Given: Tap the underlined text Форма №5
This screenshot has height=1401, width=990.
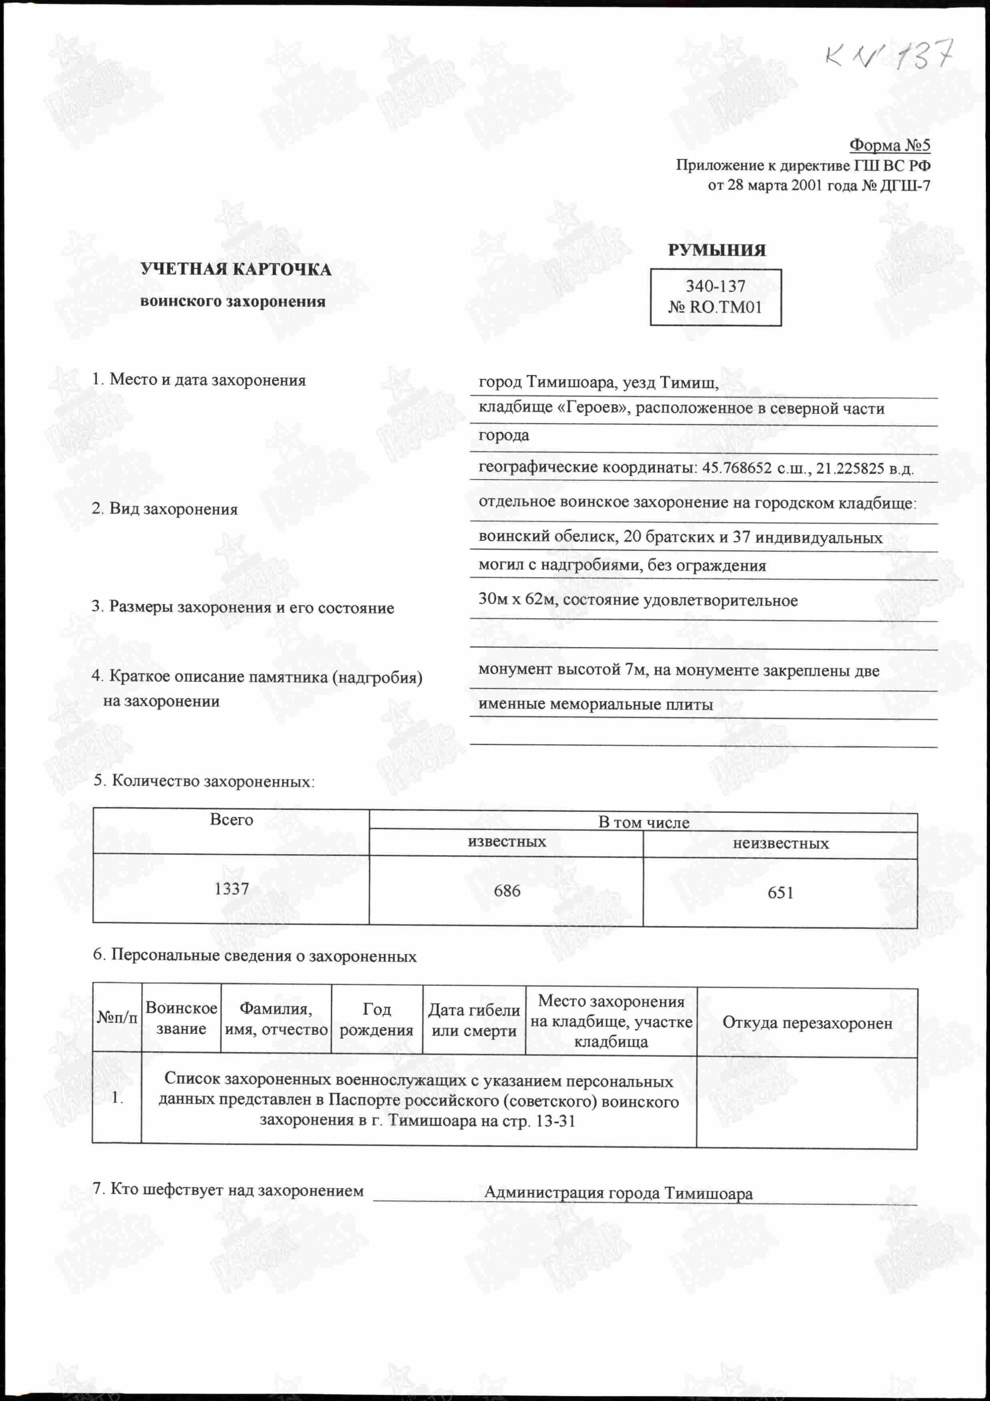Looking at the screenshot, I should [x=889, y=145].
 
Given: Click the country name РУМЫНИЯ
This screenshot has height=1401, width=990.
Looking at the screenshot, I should [x=716, y=250].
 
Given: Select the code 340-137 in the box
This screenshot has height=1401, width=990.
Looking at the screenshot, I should [x=715, y=286].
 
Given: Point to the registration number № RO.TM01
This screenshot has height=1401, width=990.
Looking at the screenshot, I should [x=715, y=307].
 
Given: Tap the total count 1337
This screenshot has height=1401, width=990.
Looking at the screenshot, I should [x=231, y=889].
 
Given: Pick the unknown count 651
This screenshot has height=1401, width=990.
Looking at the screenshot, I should [x=780, y=893].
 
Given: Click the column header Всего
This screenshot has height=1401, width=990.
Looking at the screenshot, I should [x=231, y=819].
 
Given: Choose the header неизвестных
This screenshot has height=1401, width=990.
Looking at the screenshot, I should [x=780, y=844].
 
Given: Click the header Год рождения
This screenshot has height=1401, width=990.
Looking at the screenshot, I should [x=376, y=1020].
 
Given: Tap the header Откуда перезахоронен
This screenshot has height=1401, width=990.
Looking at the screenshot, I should [x=807, y=1023].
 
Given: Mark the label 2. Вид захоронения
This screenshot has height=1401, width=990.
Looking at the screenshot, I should [x=164, y=509].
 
